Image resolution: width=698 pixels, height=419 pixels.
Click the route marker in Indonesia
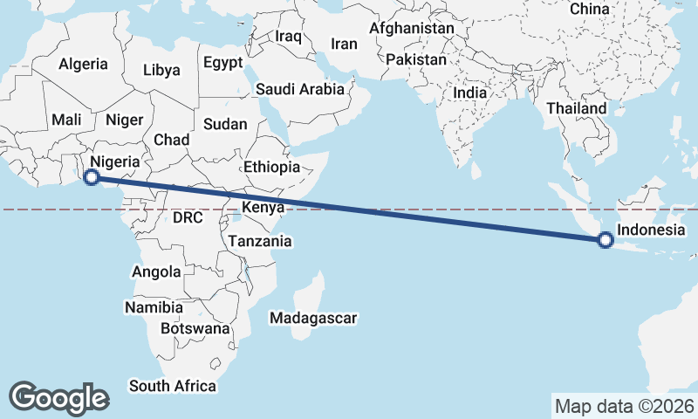point(605,241)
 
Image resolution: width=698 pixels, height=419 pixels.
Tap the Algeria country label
point(84,64)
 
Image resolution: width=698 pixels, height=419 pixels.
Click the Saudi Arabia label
point(300,89)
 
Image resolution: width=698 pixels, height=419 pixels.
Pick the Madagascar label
point(314,319)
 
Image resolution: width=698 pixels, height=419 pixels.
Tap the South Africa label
point(172,385)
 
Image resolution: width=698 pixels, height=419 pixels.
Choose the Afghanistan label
point(412,28)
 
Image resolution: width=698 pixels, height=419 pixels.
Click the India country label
point(470,93)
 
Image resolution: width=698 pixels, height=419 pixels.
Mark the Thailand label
point(576,108)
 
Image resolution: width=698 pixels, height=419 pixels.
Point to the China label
point(590,9)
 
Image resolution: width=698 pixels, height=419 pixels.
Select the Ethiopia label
point(272,167)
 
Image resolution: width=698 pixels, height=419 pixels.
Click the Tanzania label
point(259,241)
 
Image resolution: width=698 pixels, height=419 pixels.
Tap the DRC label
point(188,216)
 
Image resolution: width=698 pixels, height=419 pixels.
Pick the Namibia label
point(154,307)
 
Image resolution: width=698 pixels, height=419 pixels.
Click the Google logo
point(59,397)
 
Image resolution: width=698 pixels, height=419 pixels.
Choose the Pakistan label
point(416,60)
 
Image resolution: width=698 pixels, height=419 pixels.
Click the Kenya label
point(263,208)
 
